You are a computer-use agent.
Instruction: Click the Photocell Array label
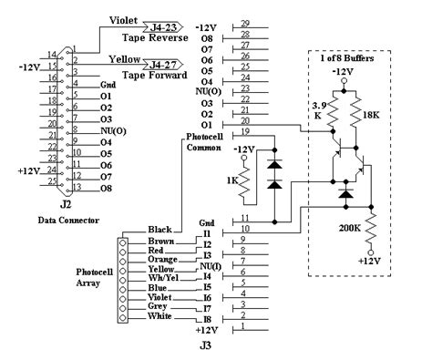click(x=94, y=277)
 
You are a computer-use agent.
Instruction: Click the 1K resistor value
click(x=231, y=179)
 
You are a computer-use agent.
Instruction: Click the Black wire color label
click(x=159, y=230)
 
